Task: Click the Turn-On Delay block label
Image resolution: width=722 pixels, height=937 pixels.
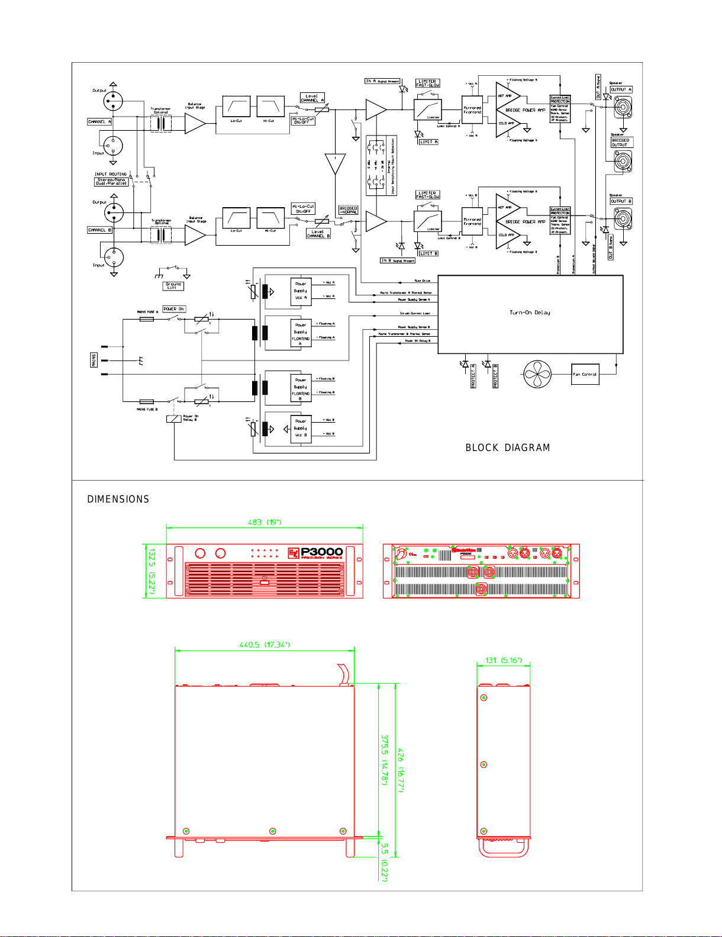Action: point(530,313)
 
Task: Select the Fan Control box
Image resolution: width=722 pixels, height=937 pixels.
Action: point(585,374)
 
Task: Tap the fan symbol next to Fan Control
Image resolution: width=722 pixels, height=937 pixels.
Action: point(537,374)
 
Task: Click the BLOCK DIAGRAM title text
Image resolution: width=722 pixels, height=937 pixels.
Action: point(508,448)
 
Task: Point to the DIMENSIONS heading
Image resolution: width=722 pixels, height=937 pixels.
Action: point(118,500)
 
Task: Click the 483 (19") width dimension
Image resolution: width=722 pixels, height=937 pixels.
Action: point(264,522)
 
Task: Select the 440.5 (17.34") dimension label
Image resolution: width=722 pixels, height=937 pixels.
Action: point(265,645)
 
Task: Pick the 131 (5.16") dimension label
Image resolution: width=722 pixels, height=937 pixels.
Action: point(504,660)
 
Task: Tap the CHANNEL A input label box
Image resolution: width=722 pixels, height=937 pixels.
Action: point(99,122)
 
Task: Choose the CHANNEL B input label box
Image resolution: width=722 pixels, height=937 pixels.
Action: point(99,230)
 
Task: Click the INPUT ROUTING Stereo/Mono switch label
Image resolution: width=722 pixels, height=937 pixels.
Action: point(111,180)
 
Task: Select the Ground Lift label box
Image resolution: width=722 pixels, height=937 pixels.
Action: point(173,286)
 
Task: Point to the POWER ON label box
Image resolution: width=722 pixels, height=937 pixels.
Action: point(174,309)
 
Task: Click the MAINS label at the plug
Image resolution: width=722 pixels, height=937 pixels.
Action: point(94,360)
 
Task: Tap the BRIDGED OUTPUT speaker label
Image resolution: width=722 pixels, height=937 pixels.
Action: point(621,143)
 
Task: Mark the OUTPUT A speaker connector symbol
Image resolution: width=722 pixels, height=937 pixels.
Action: point(623,108)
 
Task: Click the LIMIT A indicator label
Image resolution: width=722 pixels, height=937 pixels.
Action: point(428,142)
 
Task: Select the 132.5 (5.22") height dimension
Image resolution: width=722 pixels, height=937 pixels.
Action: point(152,571)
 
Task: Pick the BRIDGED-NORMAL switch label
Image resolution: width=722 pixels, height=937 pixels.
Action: point(348,210)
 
